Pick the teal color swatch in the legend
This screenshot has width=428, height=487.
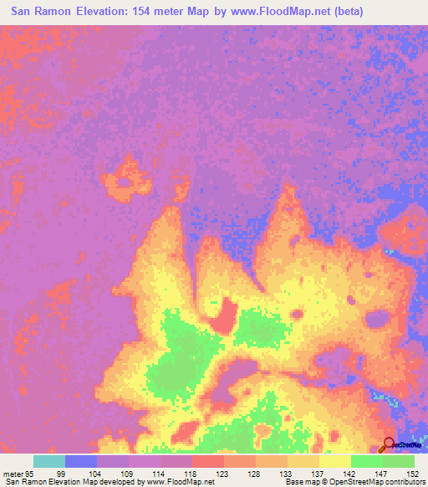[48, 461]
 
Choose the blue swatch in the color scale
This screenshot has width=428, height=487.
[80, 461]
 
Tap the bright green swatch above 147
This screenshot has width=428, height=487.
[366, 461]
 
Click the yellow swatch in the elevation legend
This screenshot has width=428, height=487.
[334, 461]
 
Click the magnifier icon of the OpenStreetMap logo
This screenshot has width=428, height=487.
[389, 445]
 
